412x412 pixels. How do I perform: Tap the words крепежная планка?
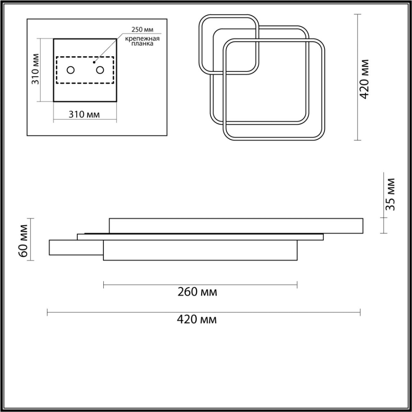(x=142, y=41)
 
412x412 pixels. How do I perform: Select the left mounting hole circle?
(x=70, y=70)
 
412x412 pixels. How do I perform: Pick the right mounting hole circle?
(x=100, y=70)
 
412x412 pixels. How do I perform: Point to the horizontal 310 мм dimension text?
(x=84, y=114)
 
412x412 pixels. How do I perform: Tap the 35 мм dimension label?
(x=391, y=194)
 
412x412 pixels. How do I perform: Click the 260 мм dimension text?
(x=197, y=292)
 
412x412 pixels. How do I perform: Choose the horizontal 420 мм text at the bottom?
(x=197, y=320)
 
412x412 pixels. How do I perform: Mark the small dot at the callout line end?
(x=94, y=63)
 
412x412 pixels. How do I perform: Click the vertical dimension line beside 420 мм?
(x=358, y=103)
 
